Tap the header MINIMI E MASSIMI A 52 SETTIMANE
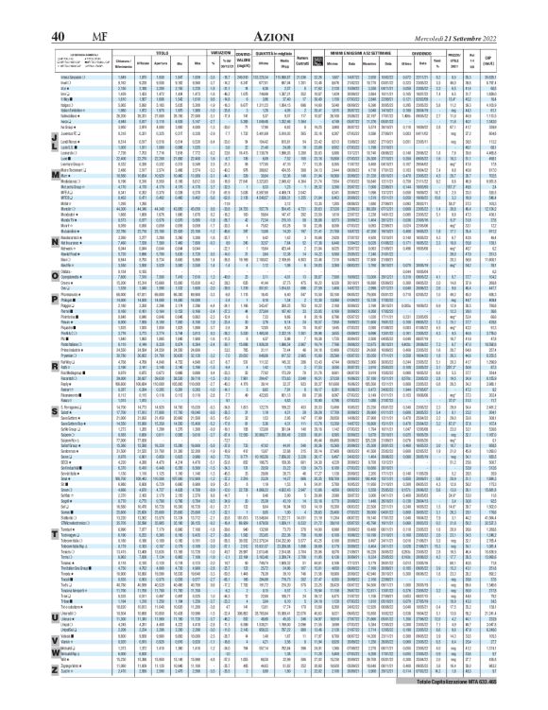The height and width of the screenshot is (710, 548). [387, 28]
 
